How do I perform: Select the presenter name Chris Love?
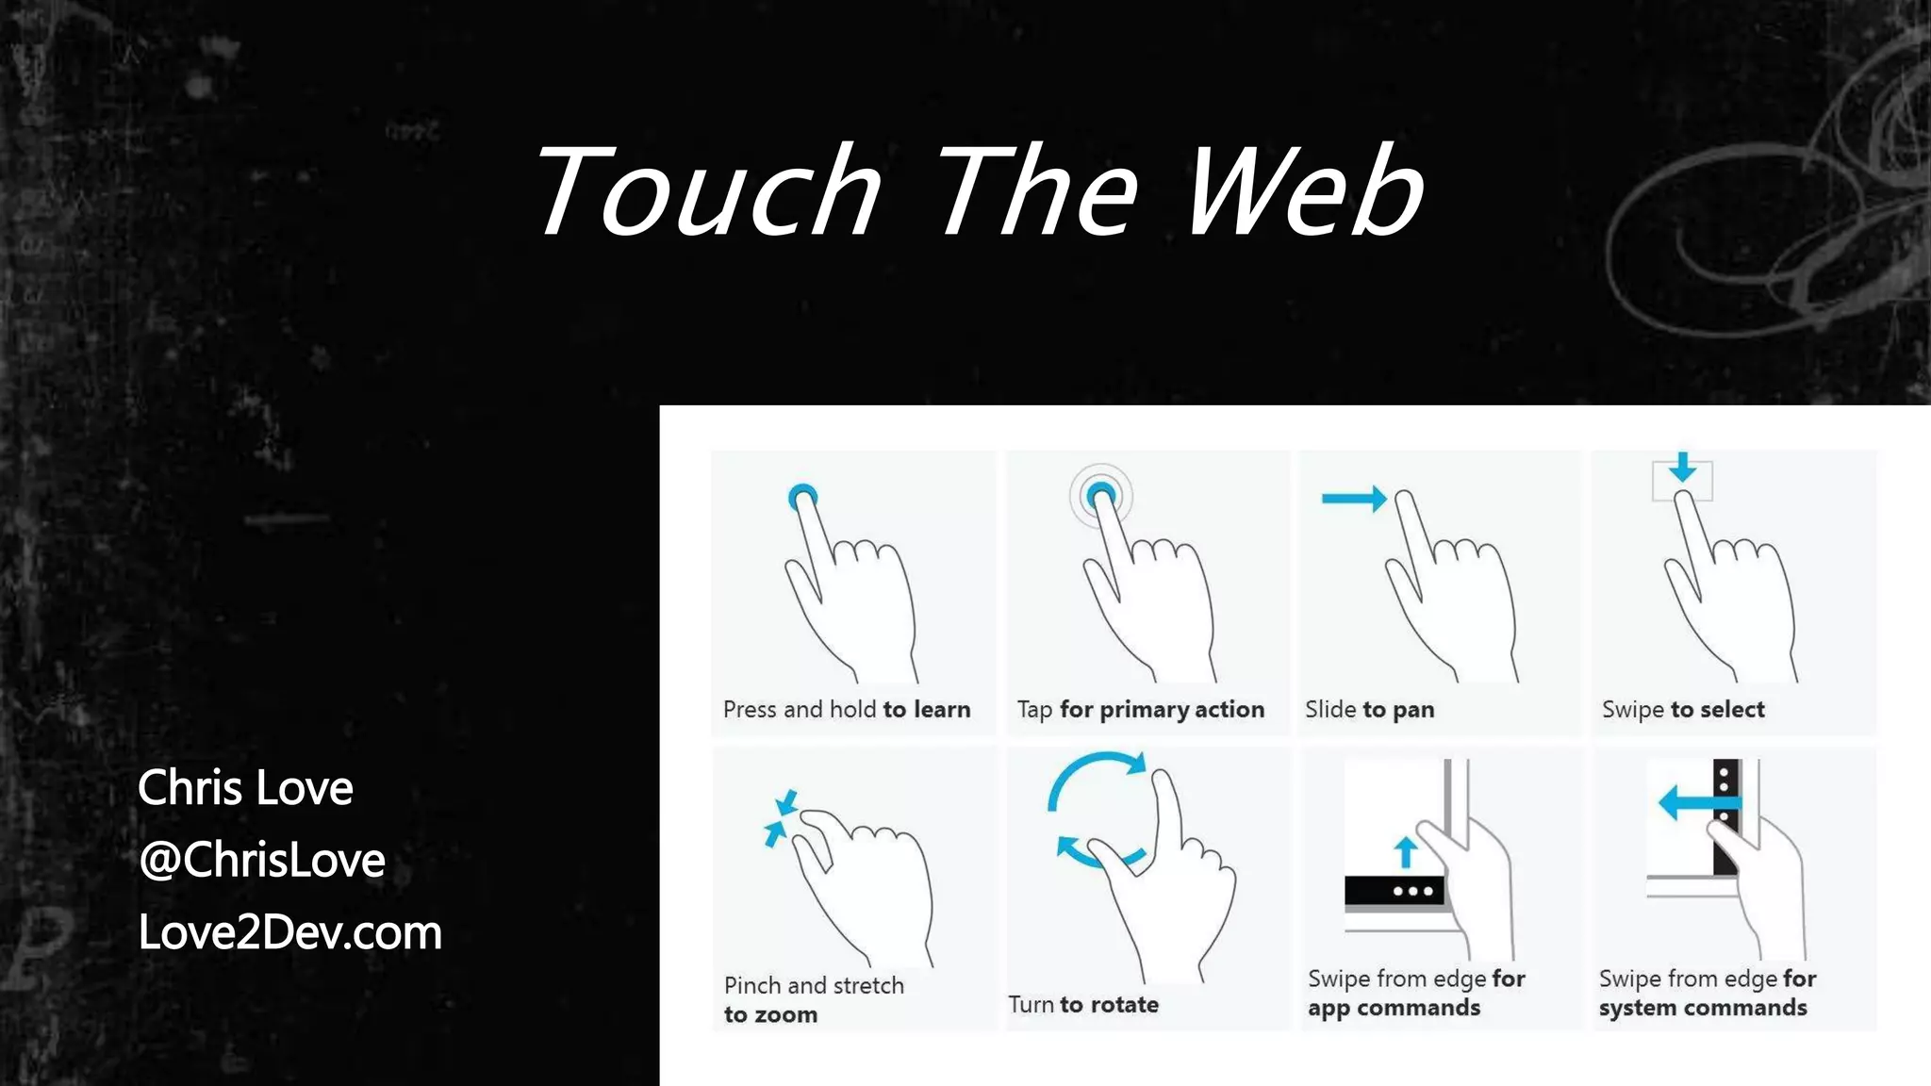coord(245,787)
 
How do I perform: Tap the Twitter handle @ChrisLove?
coord(262,860)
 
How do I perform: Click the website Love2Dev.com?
coord(290,932)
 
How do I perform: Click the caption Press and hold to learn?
coord(846,709)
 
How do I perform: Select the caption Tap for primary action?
coord(1140,709)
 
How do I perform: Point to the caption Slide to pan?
coord(1369,709)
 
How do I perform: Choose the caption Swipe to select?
coord(1683,709)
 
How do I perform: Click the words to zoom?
coord(770,1014)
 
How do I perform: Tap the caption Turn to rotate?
coord(1083,1004)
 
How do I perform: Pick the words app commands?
coord(1394,1008)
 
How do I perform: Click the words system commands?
coord(1703,1008)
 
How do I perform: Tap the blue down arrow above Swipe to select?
coord(1682,467)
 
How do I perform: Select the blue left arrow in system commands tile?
coord(1697,803)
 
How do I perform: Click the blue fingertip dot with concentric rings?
coord(1100,495)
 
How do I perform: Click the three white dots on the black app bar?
coord(1412,891)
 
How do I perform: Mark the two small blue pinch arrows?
coord(780,817)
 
